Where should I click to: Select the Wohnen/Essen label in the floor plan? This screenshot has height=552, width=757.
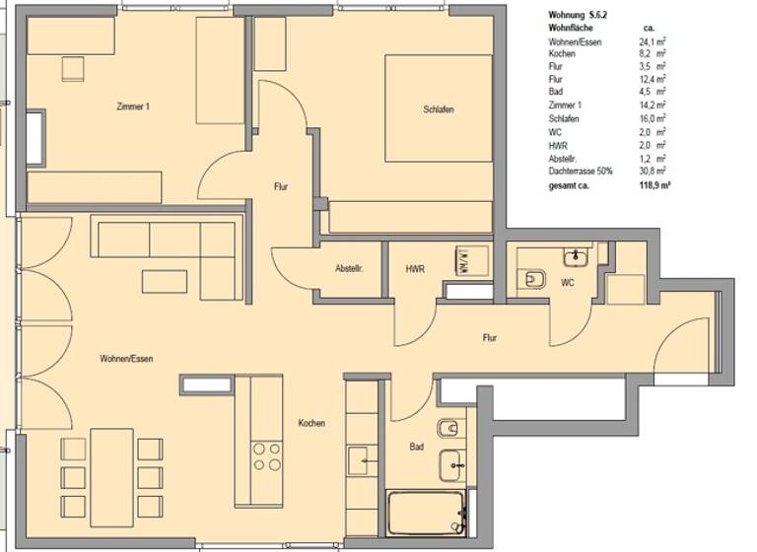click(x=125, y=359)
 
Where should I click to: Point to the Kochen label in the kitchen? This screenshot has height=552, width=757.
click(x=311, y=423)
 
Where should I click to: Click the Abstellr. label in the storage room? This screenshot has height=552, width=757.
click(x=350, y=268)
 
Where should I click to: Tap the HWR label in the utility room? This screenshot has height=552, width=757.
click(x=414, y=268)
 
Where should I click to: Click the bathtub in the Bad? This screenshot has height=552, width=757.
click(x=426, y=513)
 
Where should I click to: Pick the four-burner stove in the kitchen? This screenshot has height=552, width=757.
click(x=266, y=456)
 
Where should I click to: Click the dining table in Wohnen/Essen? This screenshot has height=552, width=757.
click(x=111, y=477)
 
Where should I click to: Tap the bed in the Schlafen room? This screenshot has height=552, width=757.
click(x=438, y=107)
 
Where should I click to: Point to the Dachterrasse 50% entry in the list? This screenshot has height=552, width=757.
click(x=581, y=171)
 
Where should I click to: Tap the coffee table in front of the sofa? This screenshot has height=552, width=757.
click(x=164, y=281)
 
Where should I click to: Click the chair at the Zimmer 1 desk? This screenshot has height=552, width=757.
click(x=73, y=68)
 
